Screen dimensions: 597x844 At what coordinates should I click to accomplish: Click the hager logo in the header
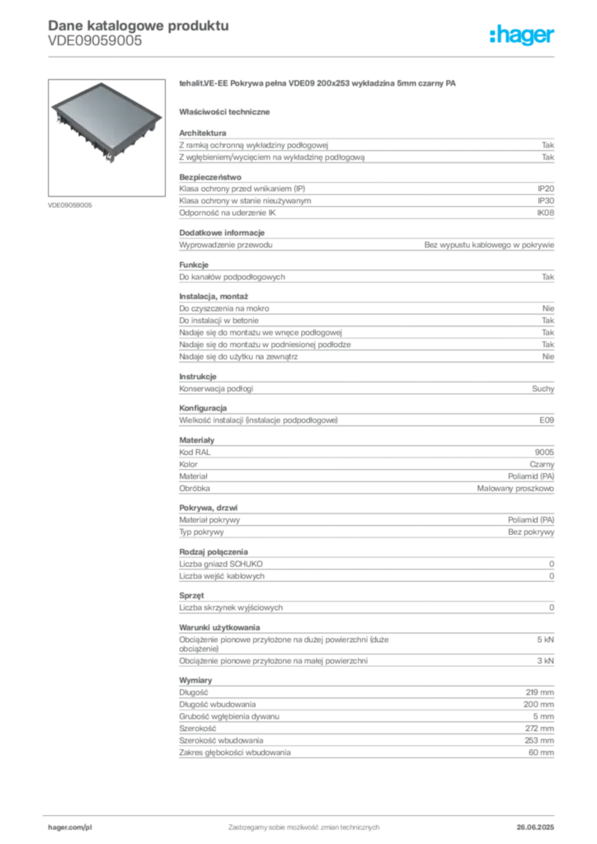pyautogui.click(x=521, y=35)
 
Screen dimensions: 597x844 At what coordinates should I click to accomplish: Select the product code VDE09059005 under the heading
pyautogui.click(x=95, y=41)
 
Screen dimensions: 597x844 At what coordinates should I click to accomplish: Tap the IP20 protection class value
pyautogui.click(x=545, y=189)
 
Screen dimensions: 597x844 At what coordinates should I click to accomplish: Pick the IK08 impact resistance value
pyautogui.click(x=545, y=213)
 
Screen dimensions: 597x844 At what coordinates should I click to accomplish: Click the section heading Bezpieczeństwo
pyautogui.click(x=210, y=177)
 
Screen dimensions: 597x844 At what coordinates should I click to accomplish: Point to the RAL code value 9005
pyautogui.click(x=544, y=452)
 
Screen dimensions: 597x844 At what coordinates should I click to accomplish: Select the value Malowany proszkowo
pyautogui.click(x=515, y=488)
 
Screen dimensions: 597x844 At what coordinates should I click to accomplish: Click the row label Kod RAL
pyautogui.click(x=195, y=452)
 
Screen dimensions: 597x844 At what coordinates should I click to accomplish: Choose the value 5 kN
pyautogui.click(x=545, y=640)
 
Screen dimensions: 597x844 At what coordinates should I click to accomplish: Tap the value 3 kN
pyautogui.click(x=545, y=660)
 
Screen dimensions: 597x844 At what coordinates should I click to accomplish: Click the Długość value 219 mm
pyautogui.click(x=540, y=692)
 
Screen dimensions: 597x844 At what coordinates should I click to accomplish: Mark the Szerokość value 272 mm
pyautogui.click(x=539, y=729)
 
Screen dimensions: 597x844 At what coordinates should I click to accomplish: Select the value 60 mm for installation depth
pyautogui.click(x=541, y=753)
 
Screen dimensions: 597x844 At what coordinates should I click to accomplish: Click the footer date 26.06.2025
pyautogui.click(x=535, y=828)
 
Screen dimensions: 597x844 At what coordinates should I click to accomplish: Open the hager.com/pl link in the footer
pyautogui.click(x=70, y=828)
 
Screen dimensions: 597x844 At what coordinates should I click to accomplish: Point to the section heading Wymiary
pyautogui.click(x=195, y=680)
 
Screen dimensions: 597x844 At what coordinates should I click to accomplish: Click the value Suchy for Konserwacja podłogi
pyautogui.click(x=543, y=389)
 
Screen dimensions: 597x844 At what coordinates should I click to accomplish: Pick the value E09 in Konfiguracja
pyautogui.click(x=547, y=420)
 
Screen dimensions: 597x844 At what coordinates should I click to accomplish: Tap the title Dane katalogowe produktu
pyautogui.click(x=139, y=26)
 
